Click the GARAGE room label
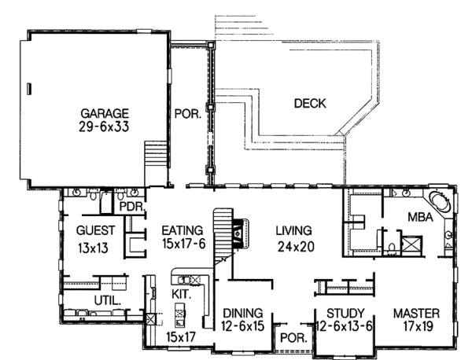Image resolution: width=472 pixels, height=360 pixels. coord(105,114)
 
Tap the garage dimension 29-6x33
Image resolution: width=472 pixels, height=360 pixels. coord(104,127)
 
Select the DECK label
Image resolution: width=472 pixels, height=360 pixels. coord(310,104)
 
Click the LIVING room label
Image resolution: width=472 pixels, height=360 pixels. coord(293,230)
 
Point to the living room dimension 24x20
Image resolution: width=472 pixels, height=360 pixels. coord(296,247)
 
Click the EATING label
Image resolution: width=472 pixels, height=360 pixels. coord(183,230)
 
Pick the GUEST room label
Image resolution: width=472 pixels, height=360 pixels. coord(95,230)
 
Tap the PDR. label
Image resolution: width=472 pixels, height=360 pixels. coord(133,207)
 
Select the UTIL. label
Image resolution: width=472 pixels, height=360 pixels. coord(108,300)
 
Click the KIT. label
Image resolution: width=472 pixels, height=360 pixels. coord(182,294)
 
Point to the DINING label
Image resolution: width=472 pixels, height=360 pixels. coord(242,314)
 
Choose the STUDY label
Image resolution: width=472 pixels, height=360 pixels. coord(345,314)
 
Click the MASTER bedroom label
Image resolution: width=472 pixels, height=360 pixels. coord(416,314)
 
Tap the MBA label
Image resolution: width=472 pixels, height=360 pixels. coord(420,217)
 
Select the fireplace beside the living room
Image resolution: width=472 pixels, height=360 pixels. coord(242,233)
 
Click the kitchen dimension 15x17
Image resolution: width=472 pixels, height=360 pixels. coord(181,337)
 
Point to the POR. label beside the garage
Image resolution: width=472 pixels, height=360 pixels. coord(188,114)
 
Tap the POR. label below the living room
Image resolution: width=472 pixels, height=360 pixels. coord(293,338)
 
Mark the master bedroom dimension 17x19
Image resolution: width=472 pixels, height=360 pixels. coord(419,326)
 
